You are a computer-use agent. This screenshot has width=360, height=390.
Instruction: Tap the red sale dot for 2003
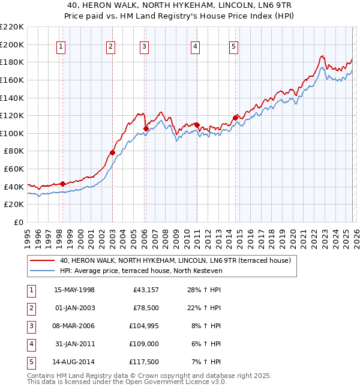pos(112,152)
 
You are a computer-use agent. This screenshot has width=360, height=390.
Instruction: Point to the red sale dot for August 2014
pos(235,118)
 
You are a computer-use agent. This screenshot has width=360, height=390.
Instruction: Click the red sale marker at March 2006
pos(146,128)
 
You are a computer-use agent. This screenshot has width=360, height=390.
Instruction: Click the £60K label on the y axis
pos(14,169)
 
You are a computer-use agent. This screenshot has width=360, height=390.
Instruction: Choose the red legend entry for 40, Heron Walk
pos(175,260)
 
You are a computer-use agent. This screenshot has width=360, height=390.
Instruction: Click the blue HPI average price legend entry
pos(141,271)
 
